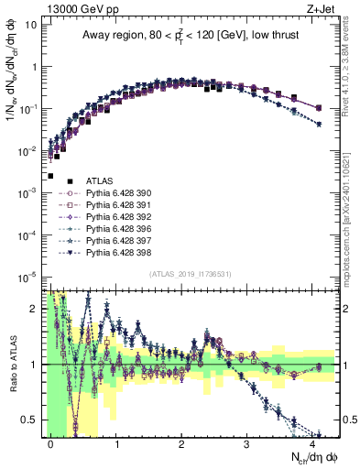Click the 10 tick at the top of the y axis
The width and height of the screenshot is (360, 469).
[29, 25]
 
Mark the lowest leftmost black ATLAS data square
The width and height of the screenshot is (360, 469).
[51, 176]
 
